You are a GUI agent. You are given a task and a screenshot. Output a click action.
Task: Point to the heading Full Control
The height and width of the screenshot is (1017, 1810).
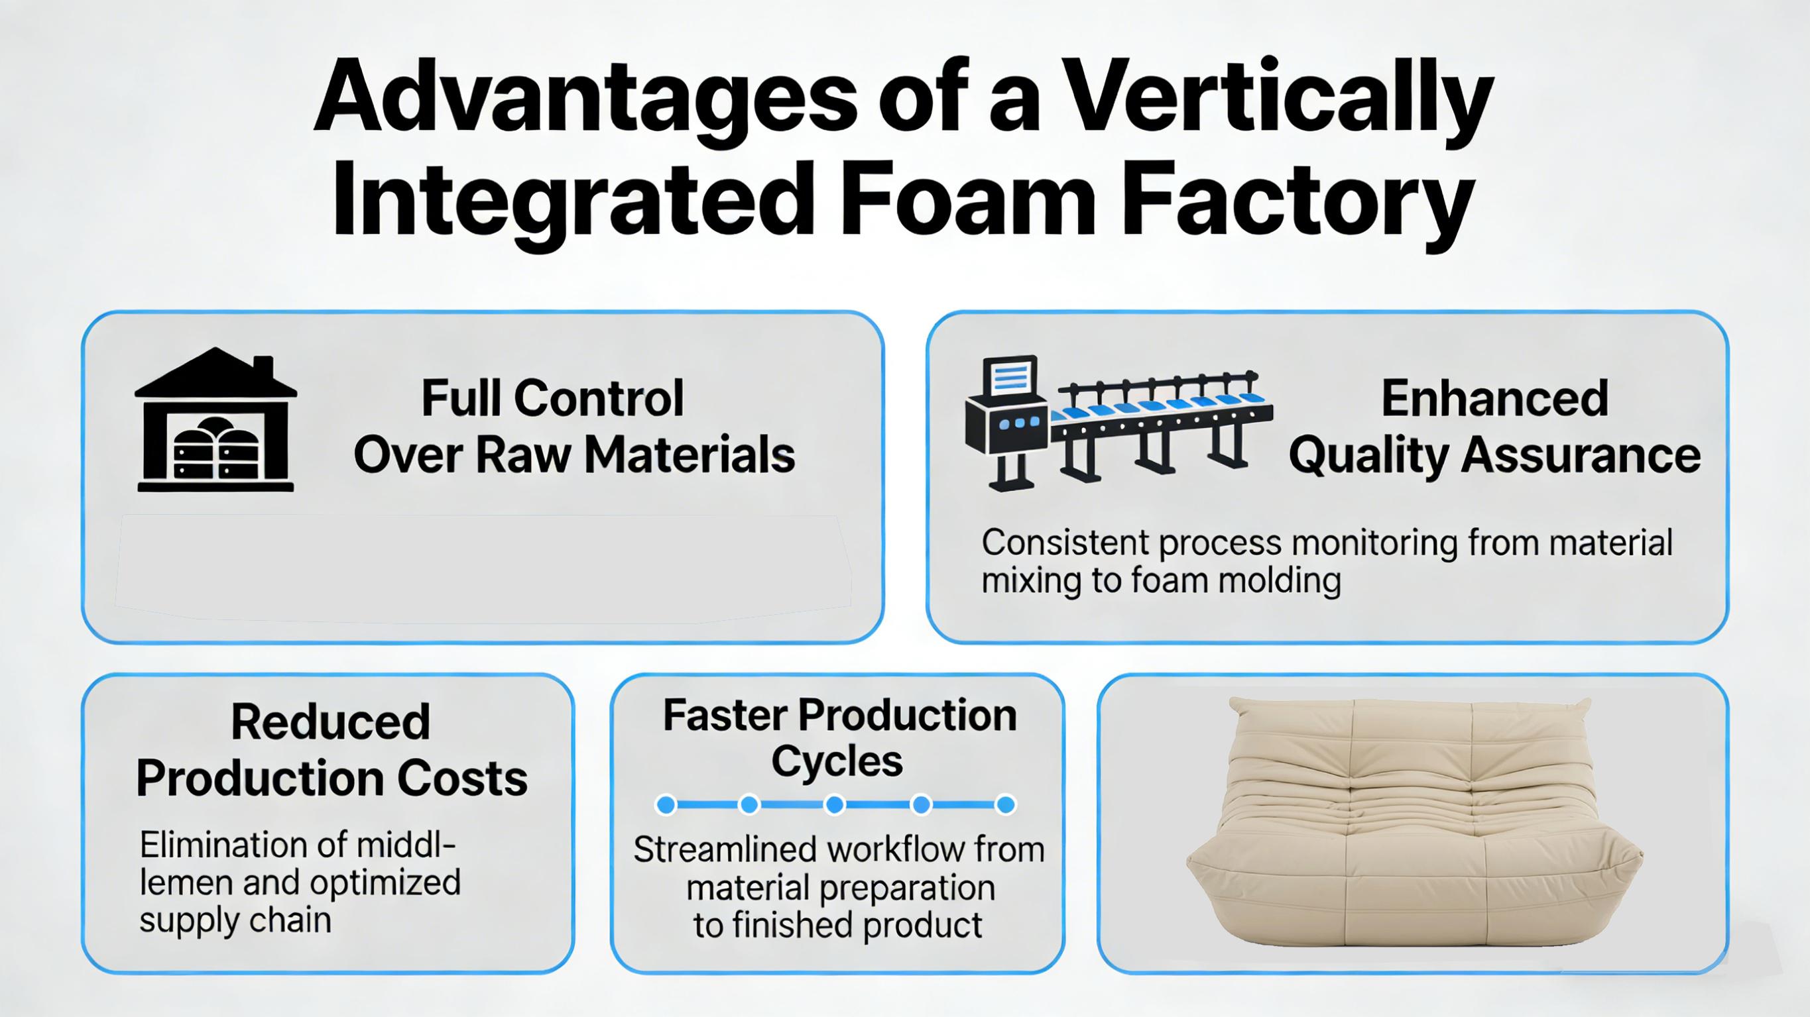coord(552,398)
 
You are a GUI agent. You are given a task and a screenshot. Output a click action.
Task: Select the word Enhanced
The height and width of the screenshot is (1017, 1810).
coord(1494,398)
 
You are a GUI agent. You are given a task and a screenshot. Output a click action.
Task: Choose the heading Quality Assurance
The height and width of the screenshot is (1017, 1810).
coord(1494,455)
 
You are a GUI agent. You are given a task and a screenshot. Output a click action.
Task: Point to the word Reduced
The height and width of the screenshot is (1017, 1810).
coord(330,722)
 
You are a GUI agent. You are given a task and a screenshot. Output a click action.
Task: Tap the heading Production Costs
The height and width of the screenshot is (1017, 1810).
coord(332,778)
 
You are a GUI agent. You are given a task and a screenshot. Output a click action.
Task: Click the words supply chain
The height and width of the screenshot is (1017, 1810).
coord(235,920)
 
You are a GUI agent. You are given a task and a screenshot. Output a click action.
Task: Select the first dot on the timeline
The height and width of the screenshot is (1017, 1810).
coord(666,804)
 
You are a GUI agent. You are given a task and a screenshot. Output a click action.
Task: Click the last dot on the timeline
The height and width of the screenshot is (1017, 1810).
coord(1006,804)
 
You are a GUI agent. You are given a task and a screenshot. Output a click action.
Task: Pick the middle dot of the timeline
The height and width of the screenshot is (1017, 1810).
coord(835,804)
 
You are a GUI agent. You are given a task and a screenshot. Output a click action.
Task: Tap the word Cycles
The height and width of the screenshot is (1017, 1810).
coord(837,761)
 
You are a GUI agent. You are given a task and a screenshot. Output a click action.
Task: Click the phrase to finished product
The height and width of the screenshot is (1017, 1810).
coord(837,925)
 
